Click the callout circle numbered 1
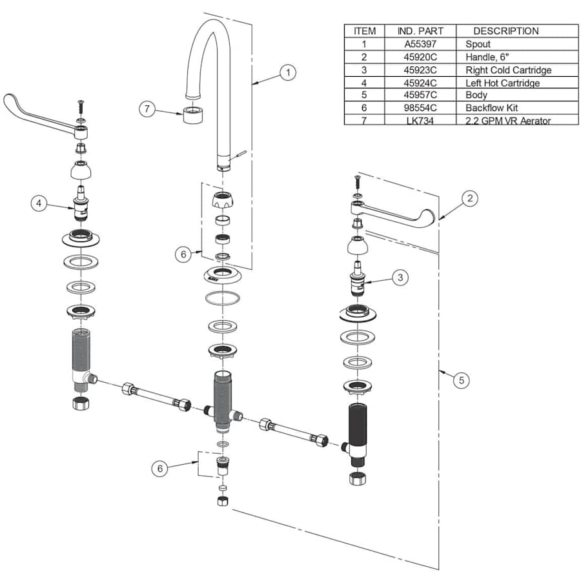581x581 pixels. [288, 72]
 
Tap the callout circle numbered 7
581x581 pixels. [147, 109]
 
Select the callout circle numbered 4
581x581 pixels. [39, 203]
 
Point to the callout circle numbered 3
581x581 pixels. [400, 277]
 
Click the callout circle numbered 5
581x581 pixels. [462, 380]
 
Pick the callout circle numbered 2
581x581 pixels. [470, 198]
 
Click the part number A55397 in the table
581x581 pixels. [420, 44]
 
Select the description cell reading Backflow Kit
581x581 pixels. [491, 108]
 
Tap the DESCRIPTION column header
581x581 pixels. [506, 31]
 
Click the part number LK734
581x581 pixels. [420, 121]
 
